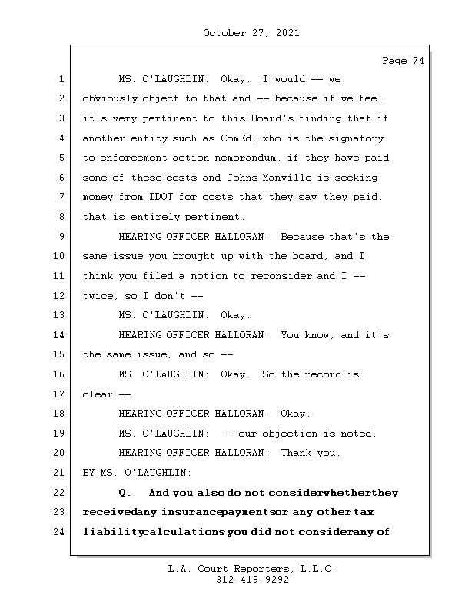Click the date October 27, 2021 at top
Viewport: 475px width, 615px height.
click(x=251, y=33)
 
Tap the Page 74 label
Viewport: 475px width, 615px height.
click(x=403, y=61)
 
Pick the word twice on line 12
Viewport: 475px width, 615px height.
click(x=98, y=296)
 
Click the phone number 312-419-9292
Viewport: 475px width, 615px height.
click(x=251, y=580)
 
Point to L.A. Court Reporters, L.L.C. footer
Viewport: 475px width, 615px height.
click(x=251, y=569)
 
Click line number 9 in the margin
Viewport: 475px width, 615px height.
click(x=61, y=237)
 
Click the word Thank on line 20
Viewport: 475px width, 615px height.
click(x=296, y=453)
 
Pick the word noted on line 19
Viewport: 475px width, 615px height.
click(x=356, y=434)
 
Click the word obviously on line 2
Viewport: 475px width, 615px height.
click(x=110, y=99)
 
